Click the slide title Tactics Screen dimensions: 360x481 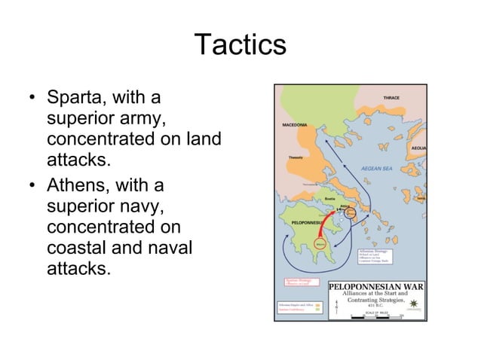click(x=240, y=44)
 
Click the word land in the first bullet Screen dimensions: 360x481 click(x=205, y=140)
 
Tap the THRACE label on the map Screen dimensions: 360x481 click(x=391, y=99)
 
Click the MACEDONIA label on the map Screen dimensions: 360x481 click(x=294, y=124)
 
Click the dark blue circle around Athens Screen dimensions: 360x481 click(x=349, y=213)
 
